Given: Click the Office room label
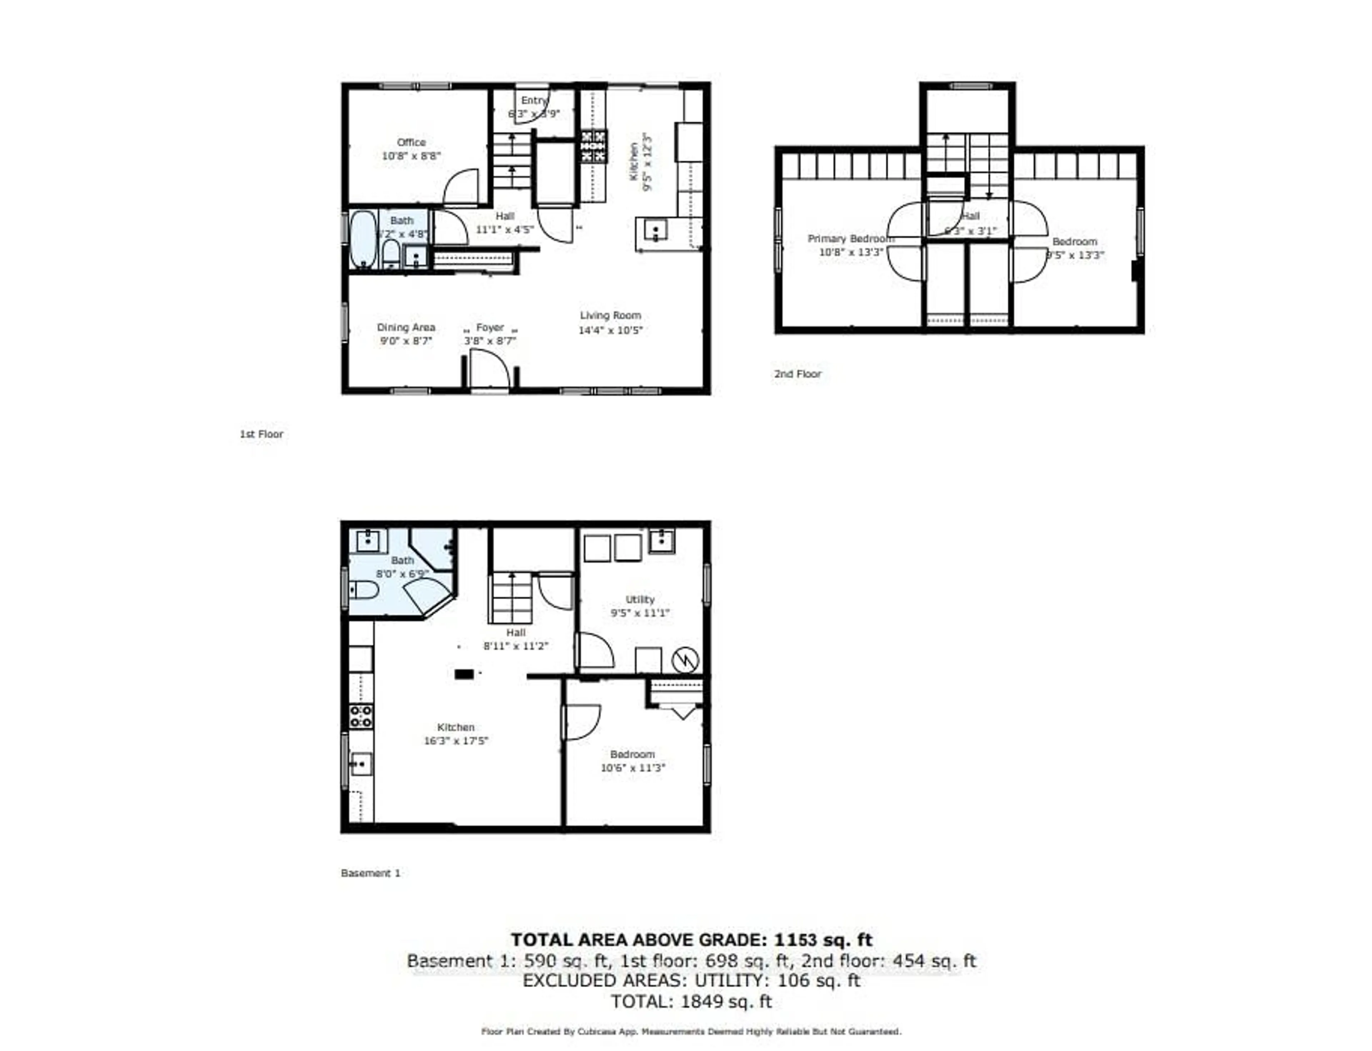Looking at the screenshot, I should tap(411, 142).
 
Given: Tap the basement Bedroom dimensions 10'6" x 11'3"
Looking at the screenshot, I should tap(632, 767).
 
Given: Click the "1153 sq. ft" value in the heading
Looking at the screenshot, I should tap(823, 940).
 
